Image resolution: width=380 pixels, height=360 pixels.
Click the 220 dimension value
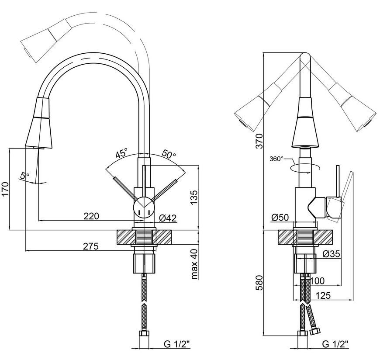[91, 216]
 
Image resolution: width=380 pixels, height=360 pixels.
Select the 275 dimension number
[91, 246]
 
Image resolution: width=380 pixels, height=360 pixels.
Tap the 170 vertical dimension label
[5, 189]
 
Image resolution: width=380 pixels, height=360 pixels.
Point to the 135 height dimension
[194, 198]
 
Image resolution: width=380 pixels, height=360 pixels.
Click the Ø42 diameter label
[168, 218]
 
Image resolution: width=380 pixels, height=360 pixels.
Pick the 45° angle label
[121, 153]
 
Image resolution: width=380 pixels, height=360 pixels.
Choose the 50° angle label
[169, 154]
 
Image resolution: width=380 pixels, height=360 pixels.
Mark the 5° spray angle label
[24, 175]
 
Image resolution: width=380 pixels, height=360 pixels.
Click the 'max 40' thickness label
[195, 264]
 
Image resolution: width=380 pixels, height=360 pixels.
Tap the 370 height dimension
[259, 141]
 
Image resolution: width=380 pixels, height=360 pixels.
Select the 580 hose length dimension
[259, 283]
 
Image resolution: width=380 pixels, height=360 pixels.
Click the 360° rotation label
[276, 159]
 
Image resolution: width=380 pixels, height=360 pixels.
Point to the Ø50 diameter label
[280, 218]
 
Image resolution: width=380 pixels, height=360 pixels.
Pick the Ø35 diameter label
[331, 254]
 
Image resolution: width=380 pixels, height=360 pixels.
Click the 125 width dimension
[323, 295]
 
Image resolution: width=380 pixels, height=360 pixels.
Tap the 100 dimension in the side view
[317, 281]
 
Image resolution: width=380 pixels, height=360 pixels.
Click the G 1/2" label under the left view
[176, 344]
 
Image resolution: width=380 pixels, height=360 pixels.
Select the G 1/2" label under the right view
[335, 344]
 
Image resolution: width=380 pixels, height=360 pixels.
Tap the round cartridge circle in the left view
[144, 208]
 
